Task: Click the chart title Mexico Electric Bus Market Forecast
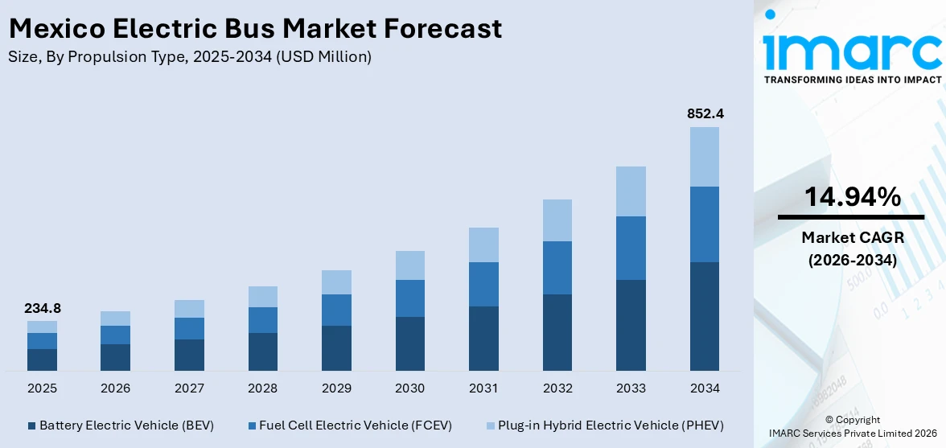[255, 29]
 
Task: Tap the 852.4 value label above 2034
[705, 114]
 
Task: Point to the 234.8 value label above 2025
[42, 308]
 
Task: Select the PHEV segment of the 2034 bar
[705, 157]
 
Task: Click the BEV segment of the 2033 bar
[631, 325]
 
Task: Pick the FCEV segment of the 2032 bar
[557, 268]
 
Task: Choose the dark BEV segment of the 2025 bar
[42, 360]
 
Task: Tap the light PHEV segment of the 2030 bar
[410, 265]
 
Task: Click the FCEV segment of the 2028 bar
[263, 320]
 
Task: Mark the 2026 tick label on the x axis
[116, 388]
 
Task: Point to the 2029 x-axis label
[336, 388]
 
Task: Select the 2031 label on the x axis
[483, 388]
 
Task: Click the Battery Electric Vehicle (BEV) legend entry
[120, 425]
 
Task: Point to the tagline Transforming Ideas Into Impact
[852, 80]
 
